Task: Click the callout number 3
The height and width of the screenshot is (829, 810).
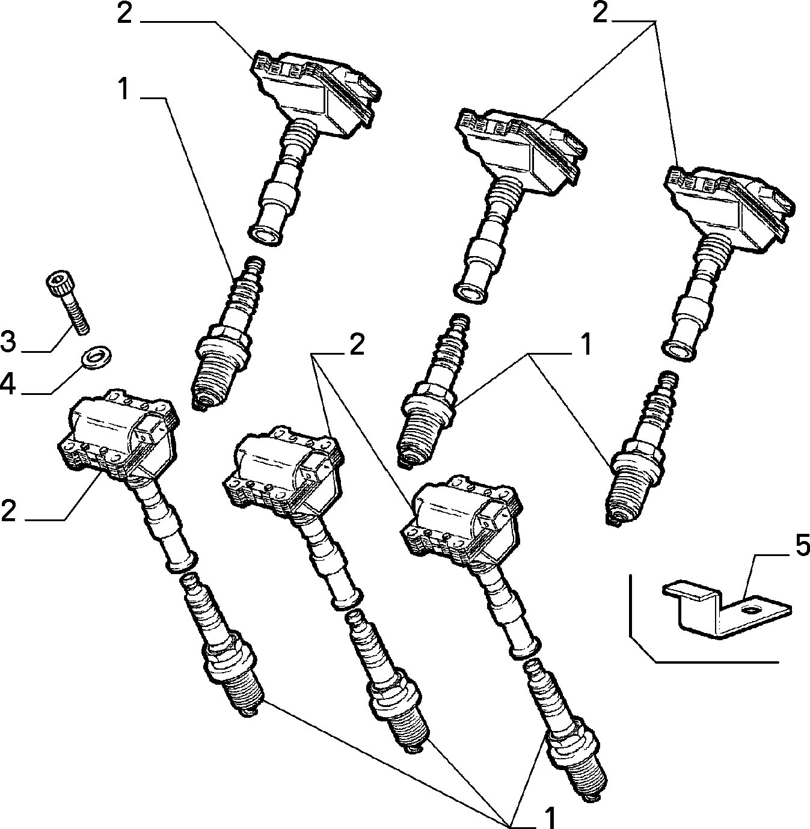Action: pyautogui.click(x=8, y=341)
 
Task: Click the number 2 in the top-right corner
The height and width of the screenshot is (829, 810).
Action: pyautogui.click(x=600, y=14)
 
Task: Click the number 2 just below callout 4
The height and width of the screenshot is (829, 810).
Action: pyautogui.click(x=8, y=510)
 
